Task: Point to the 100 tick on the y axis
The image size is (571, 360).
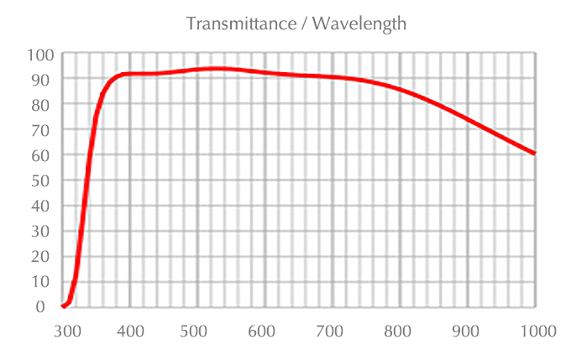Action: click(41, 55)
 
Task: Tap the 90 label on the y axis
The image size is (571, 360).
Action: click(44, 79)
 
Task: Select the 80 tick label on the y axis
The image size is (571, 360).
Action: click(44, 104)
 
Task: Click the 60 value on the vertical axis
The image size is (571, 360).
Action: click(44, 155)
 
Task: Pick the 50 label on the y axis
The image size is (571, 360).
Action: click(44, 180)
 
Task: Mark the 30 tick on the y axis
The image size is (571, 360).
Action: click(44, 231)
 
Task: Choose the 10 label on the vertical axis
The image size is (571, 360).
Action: click(44, 281)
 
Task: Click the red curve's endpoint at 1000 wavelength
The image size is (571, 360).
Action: click(534, 154)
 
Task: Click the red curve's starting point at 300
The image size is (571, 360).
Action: click(64, 306)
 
